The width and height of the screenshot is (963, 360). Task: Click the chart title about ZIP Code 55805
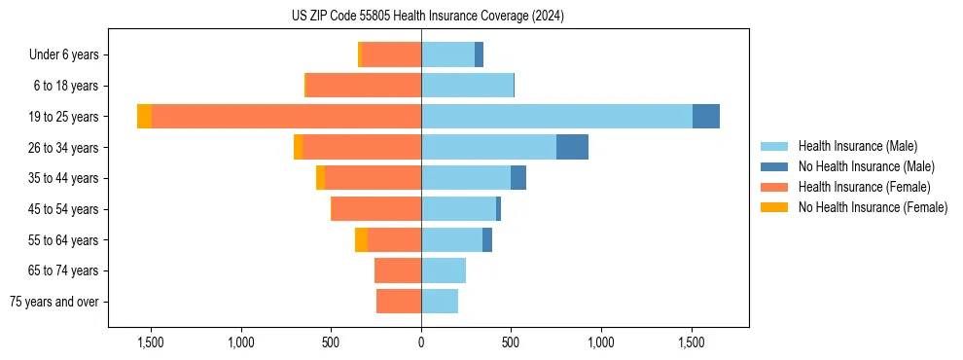pyautogui.click(x=427, y=17)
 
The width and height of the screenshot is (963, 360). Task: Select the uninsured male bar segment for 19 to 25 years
pyautogui.click(x=705, y=117)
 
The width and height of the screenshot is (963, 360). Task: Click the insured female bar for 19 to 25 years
pyautogui.click(x=286, y=117)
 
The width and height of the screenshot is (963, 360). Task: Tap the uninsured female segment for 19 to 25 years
pyautogui.click(x=144, y=117)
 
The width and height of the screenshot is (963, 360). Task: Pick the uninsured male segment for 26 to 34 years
pyautogui.click(x=572, y=147)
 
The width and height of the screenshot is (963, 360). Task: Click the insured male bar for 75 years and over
pyautogui.click(x=440, y=302)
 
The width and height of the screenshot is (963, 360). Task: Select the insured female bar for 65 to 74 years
pyautogui.click(x=398, y=270)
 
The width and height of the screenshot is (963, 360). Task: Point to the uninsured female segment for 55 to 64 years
pyautogui.click(x=361, y=239)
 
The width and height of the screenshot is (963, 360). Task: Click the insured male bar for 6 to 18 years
pyautogui.click(x=467, y=86)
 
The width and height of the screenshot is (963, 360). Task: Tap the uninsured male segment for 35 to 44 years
pyautogui.click(x=518, y=178)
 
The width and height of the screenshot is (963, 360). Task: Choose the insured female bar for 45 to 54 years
pyautogui.click(x=376, y=209)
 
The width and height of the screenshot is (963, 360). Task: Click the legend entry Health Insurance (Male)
pyautogui.click(x=857, y=146)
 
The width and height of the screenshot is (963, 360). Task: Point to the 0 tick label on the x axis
pyautogui.click(x=421, y=342)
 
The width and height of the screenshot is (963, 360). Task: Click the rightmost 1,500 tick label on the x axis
pyautogui.click(x=691, y=342)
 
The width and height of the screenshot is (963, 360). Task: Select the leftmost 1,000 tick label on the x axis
pyautogui.click(x=241, y=342)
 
